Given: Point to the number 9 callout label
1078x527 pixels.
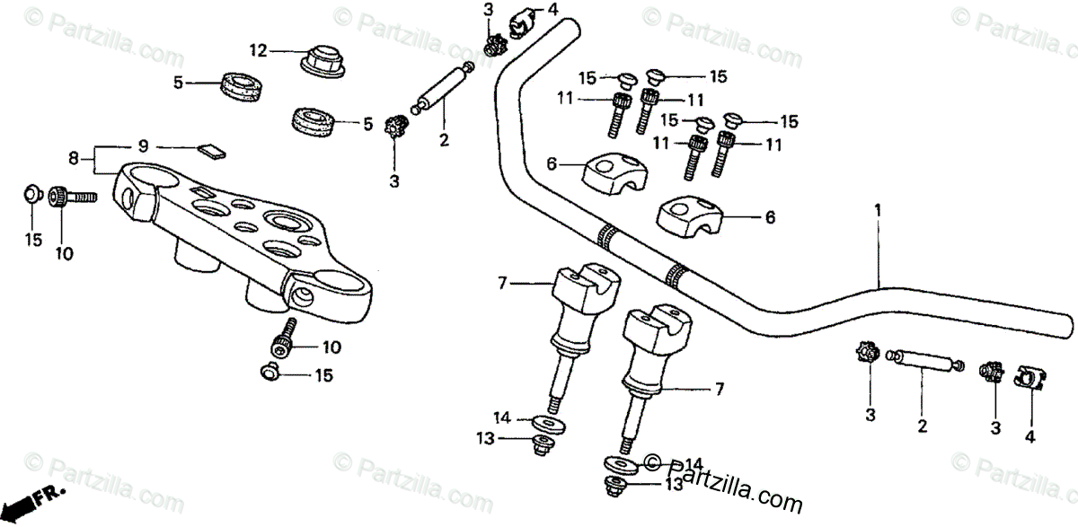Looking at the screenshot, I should coord(142,146).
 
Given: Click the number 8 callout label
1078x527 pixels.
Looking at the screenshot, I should coord(74,158).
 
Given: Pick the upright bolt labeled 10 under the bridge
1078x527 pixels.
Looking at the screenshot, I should coord(283,338).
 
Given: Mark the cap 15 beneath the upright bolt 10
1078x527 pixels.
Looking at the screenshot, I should coord(269,371).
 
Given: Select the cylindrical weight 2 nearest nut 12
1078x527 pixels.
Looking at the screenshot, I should coord(441,91).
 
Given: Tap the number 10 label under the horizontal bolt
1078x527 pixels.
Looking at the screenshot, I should coord(63,255).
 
